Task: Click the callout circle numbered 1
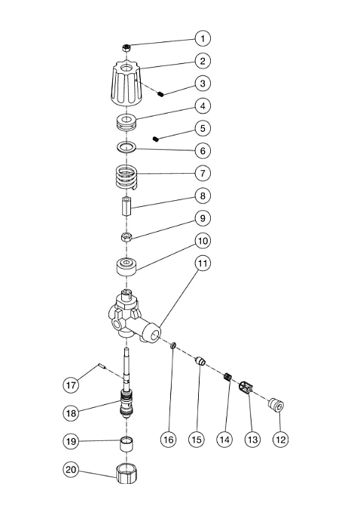pyautogui.click(x=203, y=38)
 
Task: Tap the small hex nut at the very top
pyautogui.click(x=127, y=48)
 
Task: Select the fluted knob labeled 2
pyautogui.click(x=127, y=84)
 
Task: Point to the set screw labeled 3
pyautogui.click(x=160, y=94)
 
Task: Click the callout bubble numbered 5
pyautogui.click(x=203, y=128)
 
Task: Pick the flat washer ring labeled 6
pyautogui.click(x=127, y=148)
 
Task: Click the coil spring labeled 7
pyautogui.click(x=127, y=178)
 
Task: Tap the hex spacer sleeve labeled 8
pyautogui.click(x=127, y=206)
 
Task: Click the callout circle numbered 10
pyautogui.click(x=203, y=241)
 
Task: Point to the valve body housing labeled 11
pyautogui.click(x=133, y=316)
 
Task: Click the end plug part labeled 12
pyautogui.click(x=276, y=404)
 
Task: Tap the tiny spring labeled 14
pyautogui.click(x=227, y=376)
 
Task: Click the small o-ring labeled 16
pyautogui.click(x=173, y=345)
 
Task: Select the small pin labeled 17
pyautogui.click(x=102, y=366)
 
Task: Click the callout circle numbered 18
pyautogui.click(x=71, y=412)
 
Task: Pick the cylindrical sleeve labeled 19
pyautogui.click(x=127, y=444)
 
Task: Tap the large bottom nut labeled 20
pyautogui.click(x=127, y=473)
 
